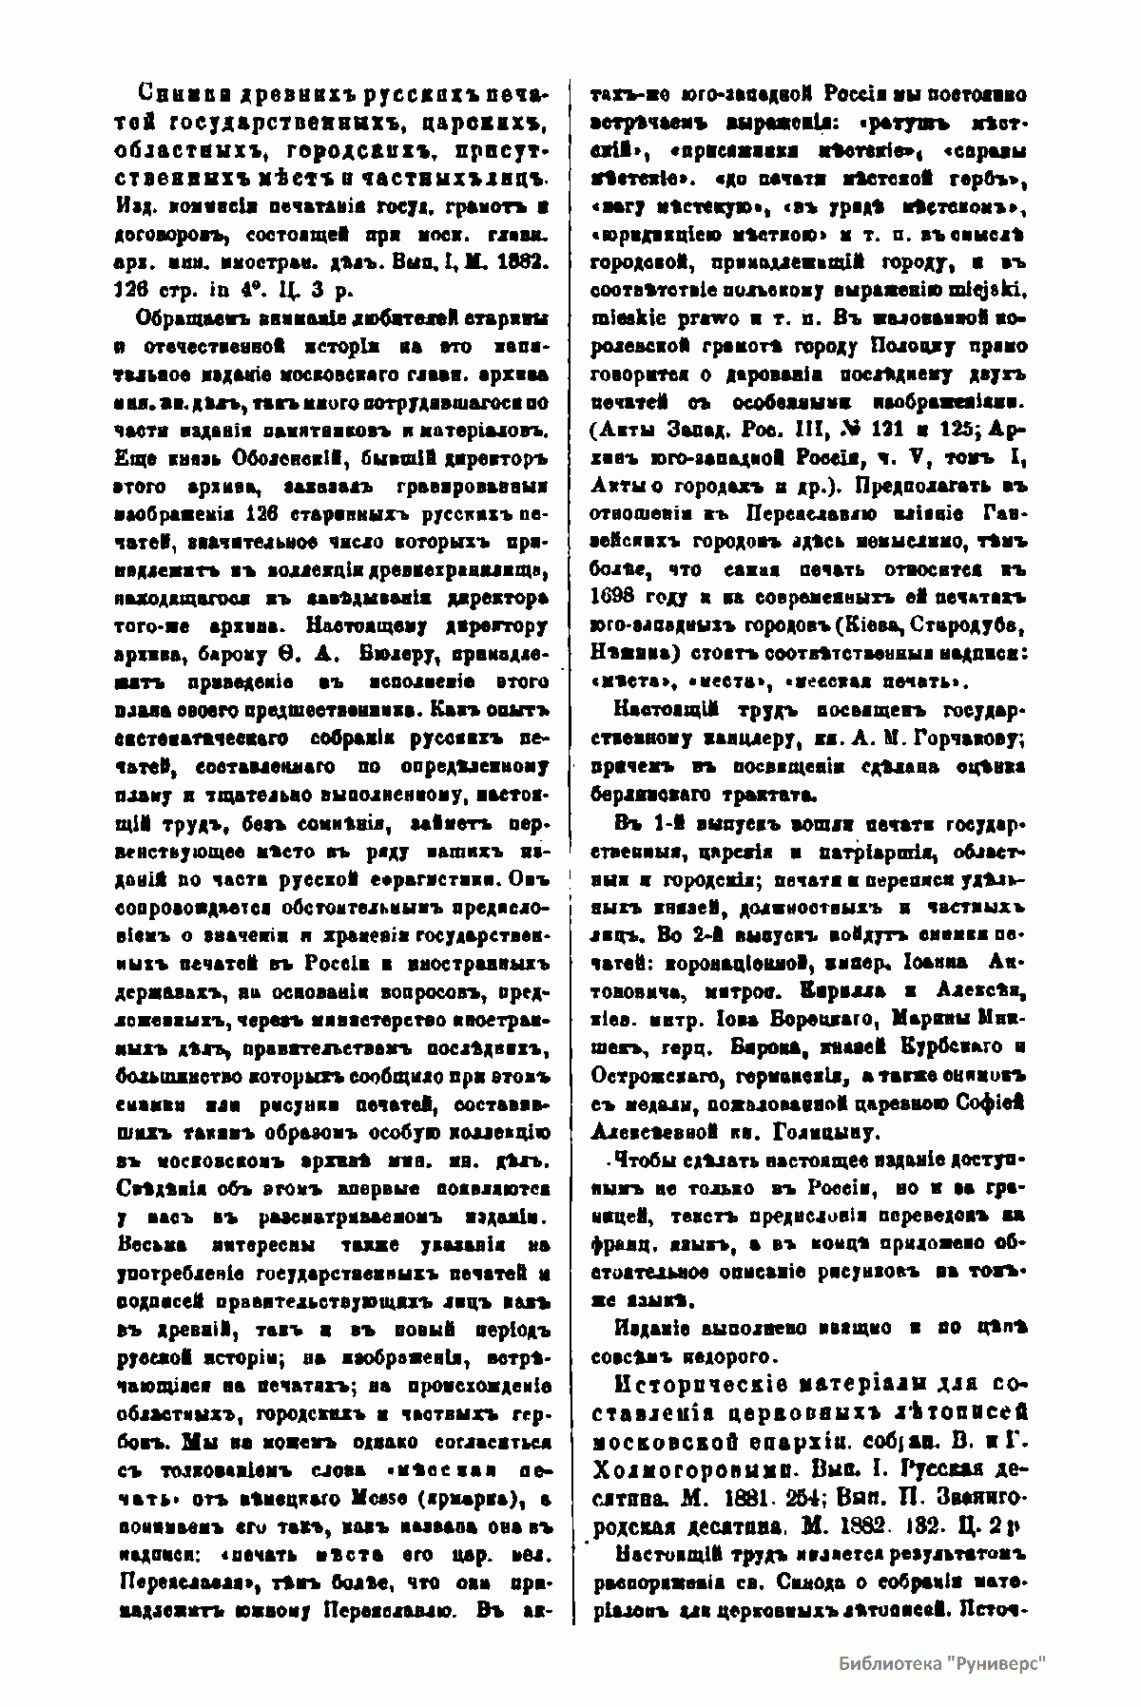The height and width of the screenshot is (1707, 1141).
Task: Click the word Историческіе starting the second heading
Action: [694, 1382]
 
